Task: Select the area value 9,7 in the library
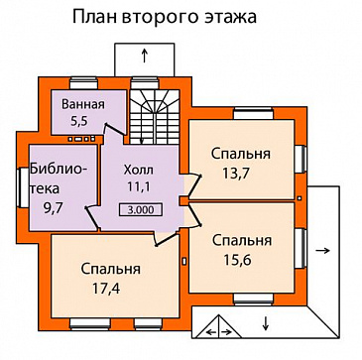pos(46,207)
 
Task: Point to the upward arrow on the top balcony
pos(146,54)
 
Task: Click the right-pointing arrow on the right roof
pos(323,253)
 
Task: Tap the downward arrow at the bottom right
pos(268,320)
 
